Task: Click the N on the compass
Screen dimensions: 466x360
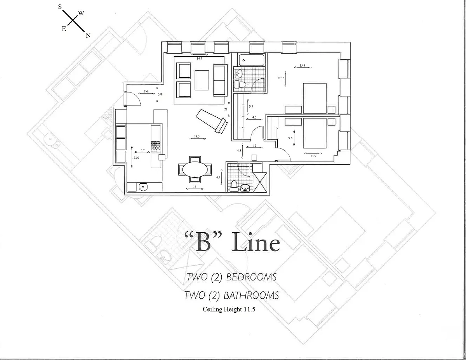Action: pyautogui.click(x=88, y=35)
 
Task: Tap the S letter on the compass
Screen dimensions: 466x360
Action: pyautogui.click(x=60, y=7)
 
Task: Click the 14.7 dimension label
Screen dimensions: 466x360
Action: pyautogui.click(x=199, y=58)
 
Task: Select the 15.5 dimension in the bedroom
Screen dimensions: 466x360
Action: pyautogui.click(x=302, y=66)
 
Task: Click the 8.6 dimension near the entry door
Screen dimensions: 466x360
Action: pyautogui.click(x=146, y=91)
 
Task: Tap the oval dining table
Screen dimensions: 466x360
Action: pyautogui.click(x=195, y=169)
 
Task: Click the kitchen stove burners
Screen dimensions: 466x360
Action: pyautogui.click(x=156, y=146)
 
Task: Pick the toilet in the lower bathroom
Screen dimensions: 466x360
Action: pyautogui.click(x=233, y=186)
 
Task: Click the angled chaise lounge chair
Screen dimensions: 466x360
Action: pyautogui.click(x=212, y=121)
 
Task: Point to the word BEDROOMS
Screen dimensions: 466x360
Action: pyautogui.click(x=251, y=277)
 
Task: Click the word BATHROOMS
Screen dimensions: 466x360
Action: pyautogui.click(x=251, y=296)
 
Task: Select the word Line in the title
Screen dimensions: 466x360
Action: pyautogui.click(x=256, y=243)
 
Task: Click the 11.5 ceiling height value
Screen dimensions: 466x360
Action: pyautogui.click(x=249, y=310)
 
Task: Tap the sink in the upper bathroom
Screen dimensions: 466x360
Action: pyautogui.click(x=239, y=73)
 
